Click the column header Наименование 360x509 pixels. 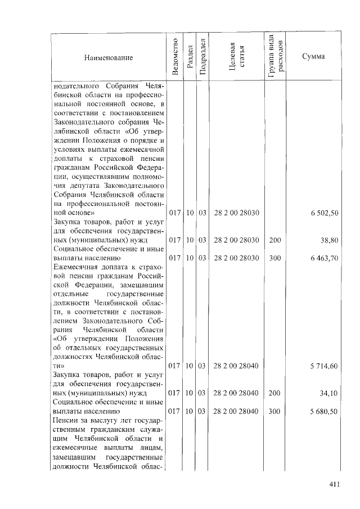[109, 58]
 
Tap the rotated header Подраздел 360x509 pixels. [202, 57]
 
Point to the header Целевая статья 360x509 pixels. [236, 57]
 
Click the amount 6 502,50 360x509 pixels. [326, 214]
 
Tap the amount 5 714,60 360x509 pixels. [326, 366]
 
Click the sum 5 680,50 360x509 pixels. [326, 411]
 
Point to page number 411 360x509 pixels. [336, 487]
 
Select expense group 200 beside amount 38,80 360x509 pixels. [274, 240]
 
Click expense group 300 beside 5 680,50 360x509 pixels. [274, 411]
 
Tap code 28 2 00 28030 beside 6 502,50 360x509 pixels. [236, 214]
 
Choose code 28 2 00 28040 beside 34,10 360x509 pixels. [236, 393]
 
